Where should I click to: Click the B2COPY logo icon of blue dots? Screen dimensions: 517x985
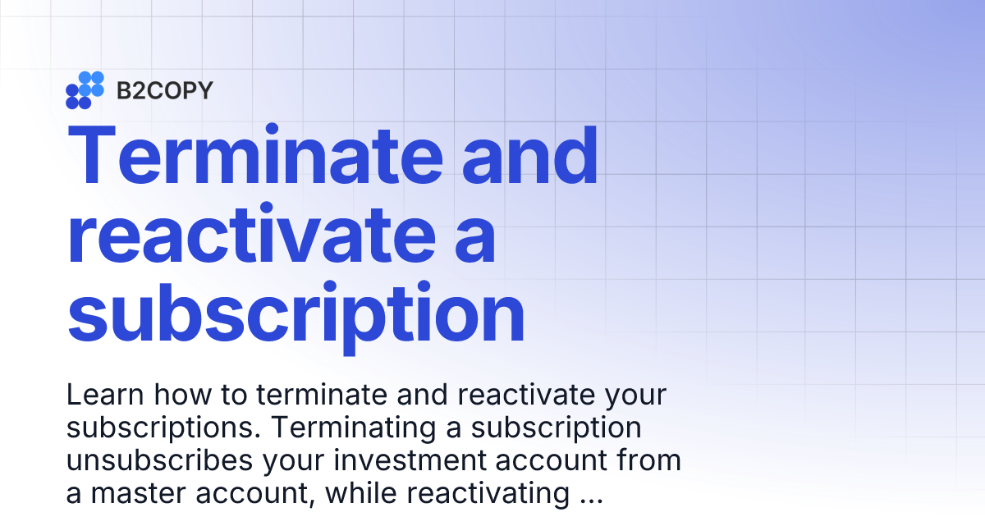tap(85, 90)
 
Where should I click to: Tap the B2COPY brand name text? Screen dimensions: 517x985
tap(164, 90)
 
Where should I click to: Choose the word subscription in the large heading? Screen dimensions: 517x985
tap(295, 316)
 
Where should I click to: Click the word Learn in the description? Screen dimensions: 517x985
tap(102, 396)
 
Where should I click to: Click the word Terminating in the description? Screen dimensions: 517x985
tap(352, 428)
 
